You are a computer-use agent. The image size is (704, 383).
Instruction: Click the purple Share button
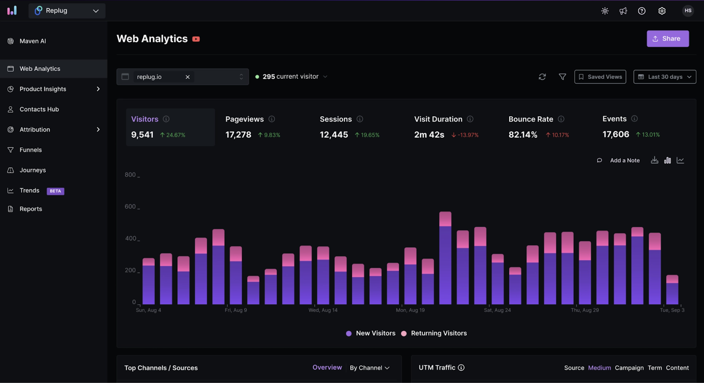[x=667, y=39]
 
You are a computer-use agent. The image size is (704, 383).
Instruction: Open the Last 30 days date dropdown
[x=664, y=77]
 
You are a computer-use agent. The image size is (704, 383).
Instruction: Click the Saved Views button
[x=600, y=77]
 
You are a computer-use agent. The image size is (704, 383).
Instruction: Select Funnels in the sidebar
[x=30, y=150]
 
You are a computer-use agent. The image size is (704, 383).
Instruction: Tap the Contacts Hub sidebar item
[x=39, y=109]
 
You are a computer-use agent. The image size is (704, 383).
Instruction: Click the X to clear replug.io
[x=187, y=77]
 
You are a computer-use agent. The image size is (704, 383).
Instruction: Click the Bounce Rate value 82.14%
[x=523, y=135]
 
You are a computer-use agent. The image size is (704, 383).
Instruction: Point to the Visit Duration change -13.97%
[x=466, y=135]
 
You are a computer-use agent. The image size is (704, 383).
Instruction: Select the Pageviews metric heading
[x=244, y=119]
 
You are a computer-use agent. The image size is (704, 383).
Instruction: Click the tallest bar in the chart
[x=445, y=260]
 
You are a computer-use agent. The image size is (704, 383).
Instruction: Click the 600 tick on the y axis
[x=130, y=206]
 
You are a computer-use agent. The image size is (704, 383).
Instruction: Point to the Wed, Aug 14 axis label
[x=323, y=310]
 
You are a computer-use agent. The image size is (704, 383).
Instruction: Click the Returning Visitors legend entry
[x=438, y=333]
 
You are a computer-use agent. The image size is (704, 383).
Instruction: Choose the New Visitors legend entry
[x=375, y=333]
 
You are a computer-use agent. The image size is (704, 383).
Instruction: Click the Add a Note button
[x=624, y=161]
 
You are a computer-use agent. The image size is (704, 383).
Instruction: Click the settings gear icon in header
[x=662, y=11]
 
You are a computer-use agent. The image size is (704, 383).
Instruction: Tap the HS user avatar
[x=688, y=11]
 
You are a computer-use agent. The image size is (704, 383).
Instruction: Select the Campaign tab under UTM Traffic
[x=629, y=368]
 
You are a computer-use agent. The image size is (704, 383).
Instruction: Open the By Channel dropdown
[x=370, y=368]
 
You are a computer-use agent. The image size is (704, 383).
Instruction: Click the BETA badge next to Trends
[x=55, y=191]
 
